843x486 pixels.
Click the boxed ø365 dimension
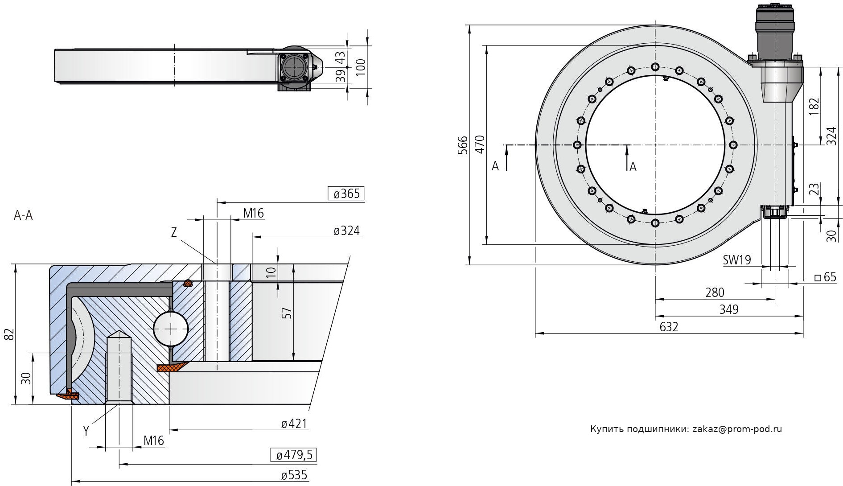click(346, 194)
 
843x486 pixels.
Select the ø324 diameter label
click(346, 231)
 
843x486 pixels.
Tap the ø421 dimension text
click(294, 424)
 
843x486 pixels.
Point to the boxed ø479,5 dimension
click(294, 455)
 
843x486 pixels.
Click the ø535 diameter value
click(294, 475)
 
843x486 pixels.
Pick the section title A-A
click(23, 216)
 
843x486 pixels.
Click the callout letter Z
click(174, 232)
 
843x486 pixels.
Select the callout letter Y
click(86, 431)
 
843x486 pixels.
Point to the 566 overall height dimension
click(463, 145)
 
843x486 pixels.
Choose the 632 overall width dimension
click(669, 327)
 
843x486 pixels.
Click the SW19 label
click(737, 260)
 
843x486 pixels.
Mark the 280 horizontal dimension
click(715, 292)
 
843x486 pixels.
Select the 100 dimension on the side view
click(361, 67)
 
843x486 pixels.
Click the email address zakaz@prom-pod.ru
click(737, 429)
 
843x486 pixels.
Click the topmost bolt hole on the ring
click(655, 67)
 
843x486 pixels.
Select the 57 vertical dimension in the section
click(288, 312)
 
